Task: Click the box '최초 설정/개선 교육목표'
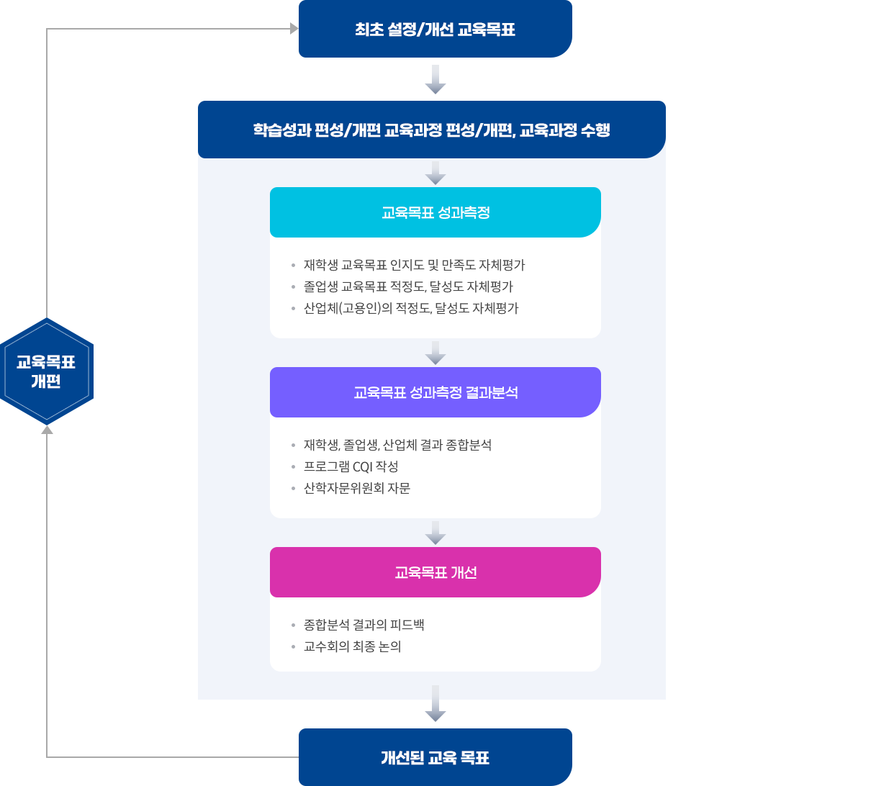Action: [x=435, y=30]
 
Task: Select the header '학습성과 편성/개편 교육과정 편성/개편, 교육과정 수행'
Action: [x=431, y=130]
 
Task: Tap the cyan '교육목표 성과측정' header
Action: [x=435, y=212]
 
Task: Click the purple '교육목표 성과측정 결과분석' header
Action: [x=435, y=392]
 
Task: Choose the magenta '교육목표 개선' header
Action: [x=435, y=572]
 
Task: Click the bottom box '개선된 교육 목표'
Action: [x=435, y=757]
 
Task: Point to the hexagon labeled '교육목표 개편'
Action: [x=47, y=371]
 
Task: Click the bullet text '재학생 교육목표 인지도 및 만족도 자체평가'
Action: [x=414, y=265]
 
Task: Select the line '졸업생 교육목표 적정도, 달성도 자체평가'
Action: [x=408, y=286]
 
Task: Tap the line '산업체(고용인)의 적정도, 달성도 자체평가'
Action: [x=411, y=308]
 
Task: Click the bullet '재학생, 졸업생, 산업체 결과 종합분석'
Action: [x=397, y=445]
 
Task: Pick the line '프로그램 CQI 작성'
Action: [x=351, y=466]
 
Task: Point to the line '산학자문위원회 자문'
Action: [x=356, y=488]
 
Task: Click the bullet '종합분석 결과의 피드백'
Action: [x=364, y=625]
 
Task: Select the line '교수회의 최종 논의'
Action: [x=352, y=646]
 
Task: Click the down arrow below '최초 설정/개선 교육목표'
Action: [x=435, y=80]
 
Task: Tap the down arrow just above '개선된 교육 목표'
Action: [x=435, y=704]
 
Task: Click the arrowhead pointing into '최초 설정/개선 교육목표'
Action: [x=294, y=29]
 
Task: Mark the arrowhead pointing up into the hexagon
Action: [x=47, y=430]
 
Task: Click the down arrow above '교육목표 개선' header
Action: [x=435, y=533]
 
